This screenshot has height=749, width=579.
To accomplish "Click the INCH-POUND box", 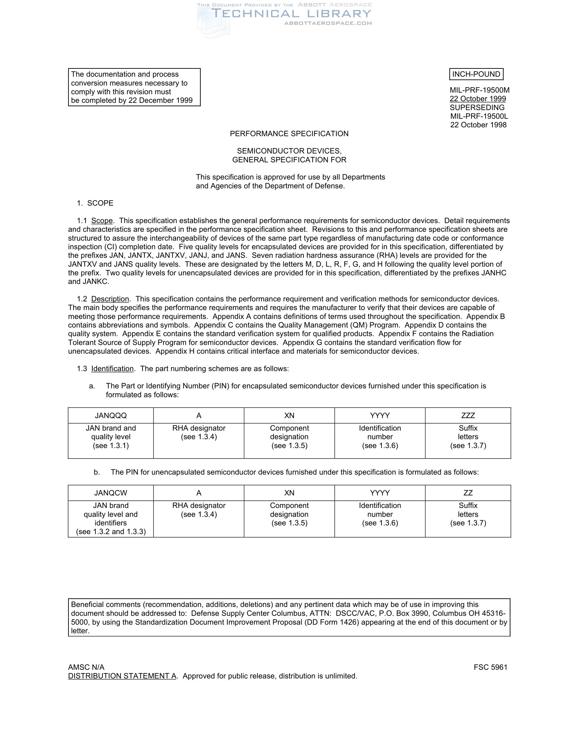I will coord(476,74).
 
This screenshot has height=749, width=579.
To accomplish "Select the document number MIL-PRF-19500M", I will coord(480,90).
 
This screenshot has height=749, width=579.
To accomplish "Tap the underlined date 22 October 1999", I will coord(478,99).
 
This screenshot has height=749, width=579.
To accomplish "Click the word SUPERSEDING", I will coord(477,107).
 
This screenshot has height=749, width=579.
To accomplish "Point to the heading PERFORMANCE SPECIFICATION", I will coord(289,134).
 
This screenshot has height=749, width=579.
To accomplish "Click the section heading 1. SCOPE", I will coord(95,203).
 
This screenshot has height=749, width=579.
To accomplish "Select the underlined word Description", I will coord(110,299).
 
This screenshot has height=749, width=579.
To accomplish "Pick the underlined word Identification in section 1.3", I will coord(112,369).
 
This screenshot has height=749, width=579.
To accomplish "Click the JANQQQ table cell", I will coord(111,416).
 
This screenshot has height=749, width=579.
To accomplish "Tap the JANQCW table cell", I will coord(111,493).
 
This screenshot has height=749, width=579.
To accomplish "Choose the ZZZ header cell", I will coord(468,416).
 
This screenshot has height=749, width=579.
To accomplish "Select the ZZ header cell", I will coord(468,493).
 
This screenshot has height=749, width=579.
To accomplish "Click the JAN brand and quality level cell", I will coord(111,437).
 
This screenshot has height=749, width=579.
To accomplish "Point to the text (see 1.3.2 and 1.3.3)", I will coord(111,531).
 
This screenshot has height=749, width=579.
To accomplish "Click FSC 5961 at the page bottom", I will coord(490,667).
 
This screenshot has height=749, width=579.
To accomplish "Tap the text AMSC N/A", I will coord(86,667).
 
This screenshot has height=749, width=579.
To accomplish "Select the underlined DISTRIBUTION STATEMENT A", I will coord(122,676).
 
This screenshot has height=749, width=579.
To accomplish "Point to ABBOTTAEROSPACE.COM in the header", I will coord(328,23).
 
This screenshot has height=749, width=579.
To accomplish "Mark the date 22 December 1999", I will coord(160,100).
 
